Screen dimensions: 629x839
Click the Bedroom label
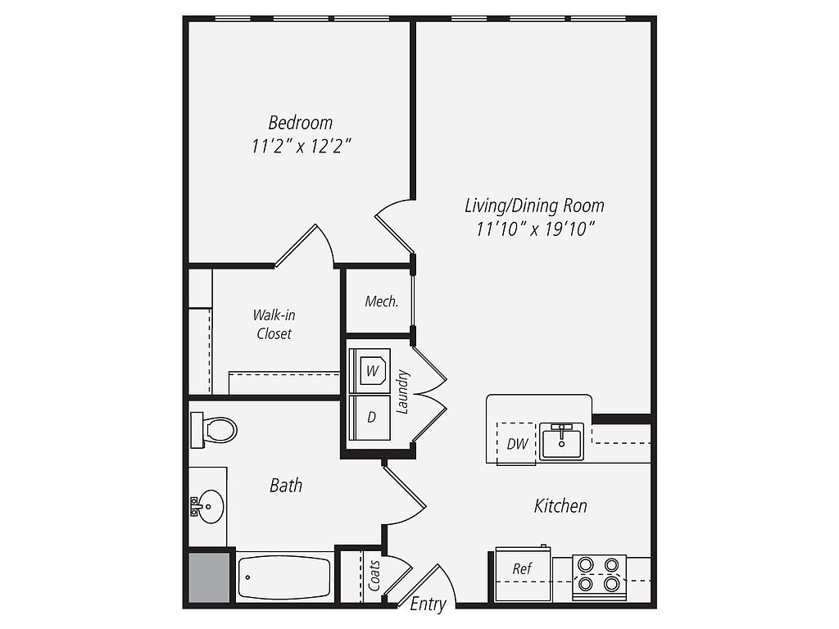(x=301, y=123)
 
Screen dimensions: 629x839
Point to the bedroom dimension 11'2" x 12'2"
(x=301, y=147)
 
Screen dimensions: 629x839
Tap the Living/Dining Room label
(x=534, y=205)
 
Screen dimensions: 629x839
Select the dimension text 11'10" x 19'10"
(x=534, y=229)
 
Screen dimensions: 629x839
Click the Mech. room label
(x=381, y=301)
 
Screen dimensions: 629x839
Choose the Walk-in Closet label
(x=273, y=324)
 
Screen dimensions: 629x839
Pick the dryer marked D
(x=371, y=417)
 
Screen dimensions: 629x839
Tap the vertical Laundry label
(x=402, y=391)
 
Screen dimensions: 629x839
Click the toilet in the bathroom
(x=215, y=429)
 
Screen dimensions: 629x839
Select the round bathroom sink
(x=209, y=506)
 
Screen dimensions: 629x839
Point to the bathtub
(x=285, y=577)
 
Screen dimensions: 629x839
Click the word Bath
(x=286, y=486)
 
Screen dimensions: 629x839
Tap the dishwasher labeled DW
(x=516, y=444)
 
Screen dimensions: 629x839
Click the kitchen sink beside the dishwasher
(x=561, y=441)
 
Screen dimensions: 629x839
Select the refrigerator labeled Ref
(x=523, y=569)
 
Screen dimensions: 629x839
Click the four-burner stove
(x=599, y=574)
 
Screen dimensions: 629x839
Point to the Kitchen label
(x=560, y=506)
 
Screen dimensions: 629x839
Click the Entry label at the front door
(x=428, y=604)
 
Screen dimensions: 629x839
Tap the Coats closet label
(x=374, y=576)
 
